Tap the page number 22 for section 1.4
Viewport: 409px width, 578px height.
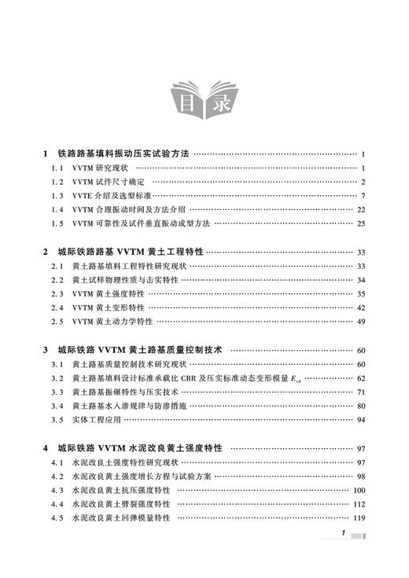coord(361,210)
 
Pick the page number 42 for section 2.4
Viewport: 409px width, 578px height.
coord(361,307)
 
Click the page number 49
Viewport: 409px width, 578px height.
coord(361,322)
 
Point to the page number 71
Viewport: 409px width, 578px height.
coord(361,392)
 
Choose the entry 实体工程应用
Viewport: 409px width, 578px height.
coord(98,419)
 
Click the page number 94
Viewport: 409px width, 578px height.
coord(361,419)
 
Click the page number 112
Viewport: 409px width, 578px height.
coord(359,503)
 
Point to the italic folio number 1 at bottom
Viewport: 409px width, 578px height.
coord(344,555)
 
